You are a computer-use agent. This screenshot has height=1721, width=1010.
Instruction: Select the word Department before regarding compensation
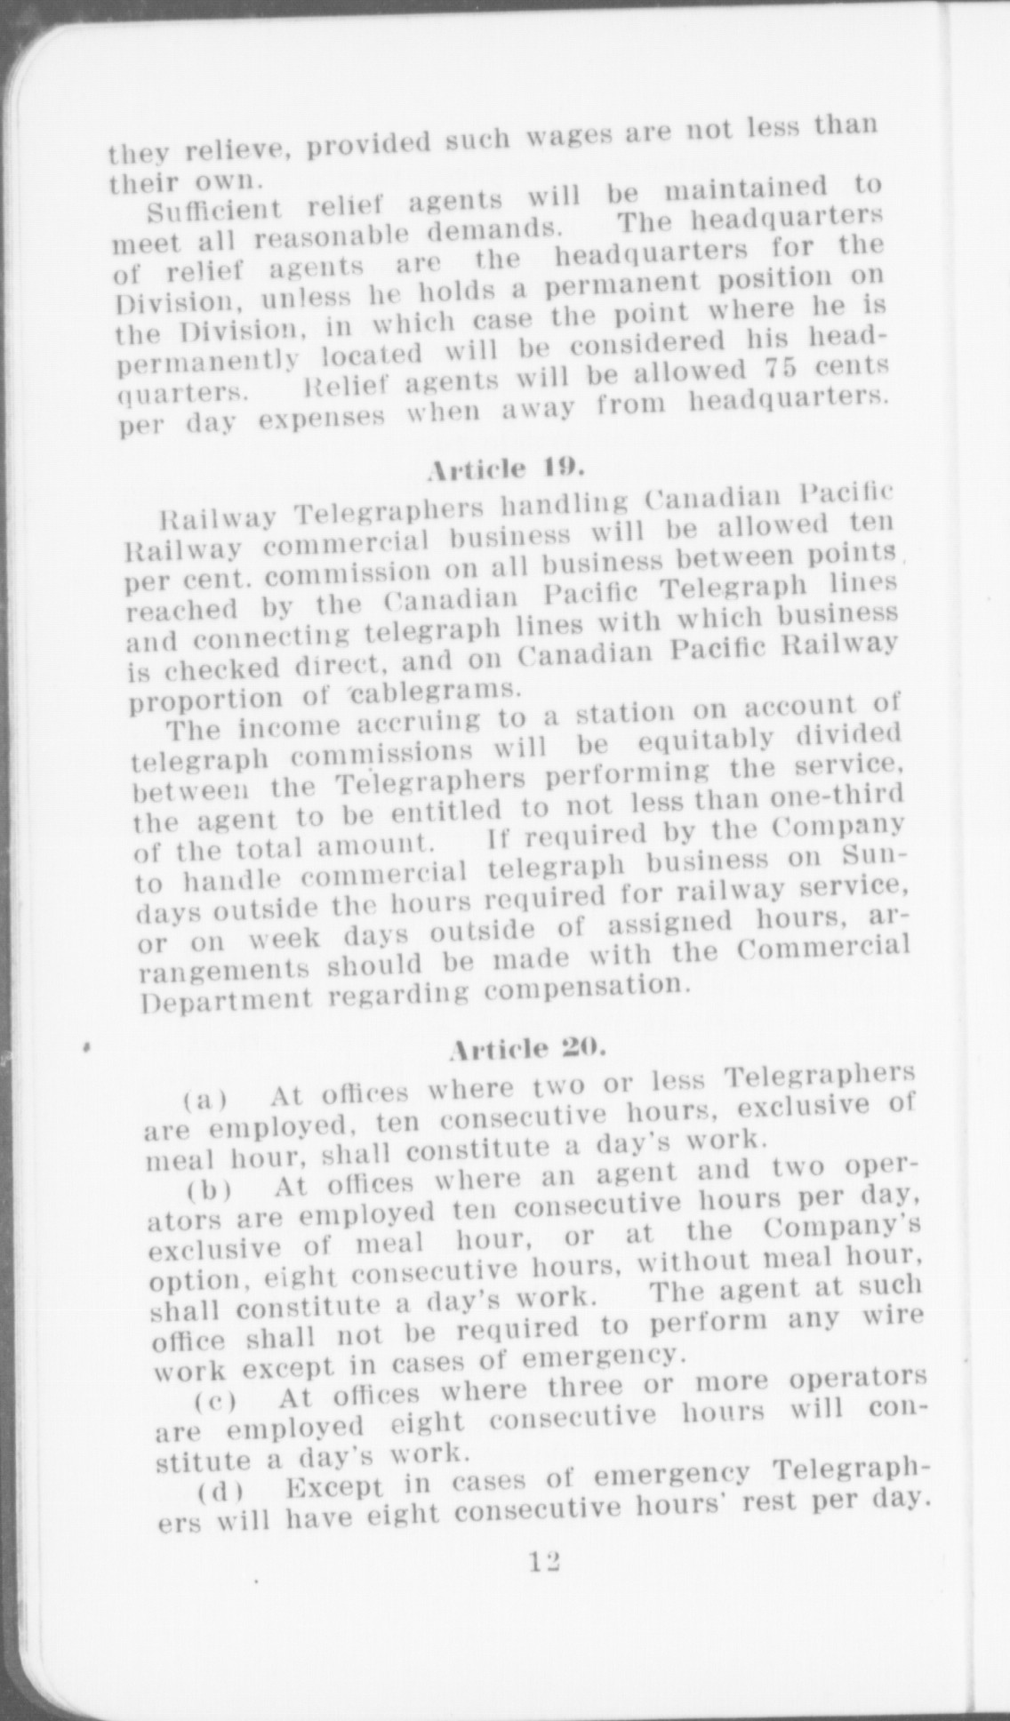click(227, 998)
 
